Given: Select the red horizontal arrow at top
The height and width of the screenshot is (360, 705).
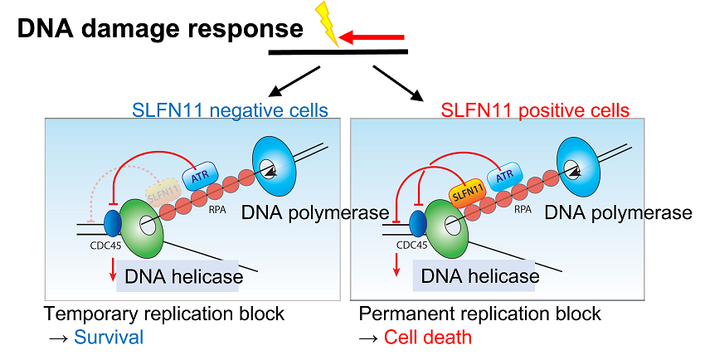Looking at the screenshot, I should click(x=372, y=36).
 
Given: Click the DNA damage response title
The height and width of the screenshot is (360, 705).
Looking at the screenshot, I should click(x=160, y=29).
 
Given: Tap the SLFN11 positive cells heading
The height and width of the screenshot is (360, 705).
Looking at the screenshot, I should click(x=535, y=109).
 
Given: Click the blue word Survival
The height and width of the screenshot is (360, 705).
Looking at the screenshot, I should click(x=109, y=337).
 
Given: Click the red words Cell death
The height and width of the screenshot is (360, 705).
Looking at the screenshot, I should click(x=427, y=337).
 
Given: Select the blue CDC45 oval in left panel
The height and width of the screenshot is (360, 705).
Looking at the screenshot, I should click(x=114, y=221).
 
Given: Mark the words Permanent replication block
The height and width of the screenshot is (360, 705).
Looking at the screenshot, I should click(x=479, y=314).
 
